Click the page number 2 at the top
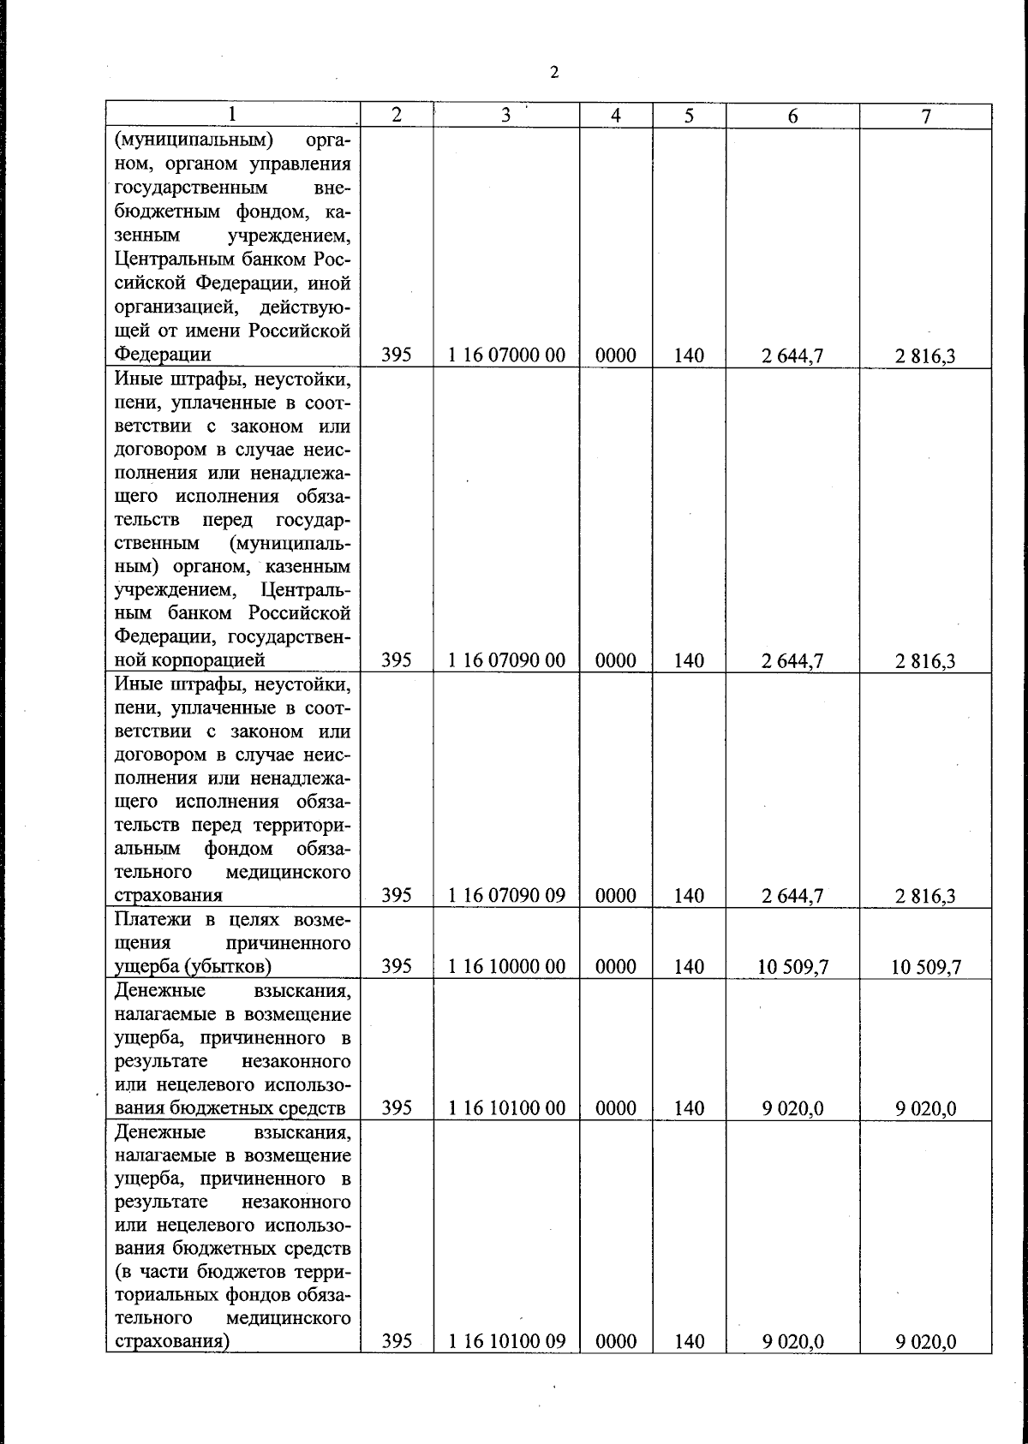click(554, 73)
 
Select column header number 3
click(506, 116)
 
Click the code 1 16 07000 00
click(506, 355)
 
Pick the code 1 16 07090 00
click(506, 660)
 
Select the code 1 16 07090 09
click(506, 896)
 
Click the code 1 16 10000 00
click(506, 967)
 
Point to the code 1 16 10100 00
click(506, 1108)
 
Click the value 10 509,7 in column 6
click(792, 968)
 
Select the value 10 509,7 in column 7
click(926, 968)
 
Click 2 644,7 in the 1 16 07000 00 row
click(792, 355)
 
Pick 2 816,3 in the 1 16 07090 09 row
click(926, 897)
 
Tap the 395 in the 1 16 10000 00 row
click(397, 967)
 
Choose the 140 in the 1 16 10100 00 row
click(689, 1108)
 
